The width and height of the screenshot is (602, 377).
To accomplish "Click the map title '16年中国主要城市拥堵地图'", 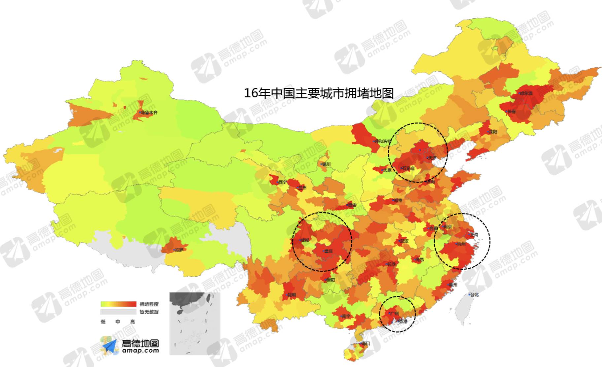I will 319,93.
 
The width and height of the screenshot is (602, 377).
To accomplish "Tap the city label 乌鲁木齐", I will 149,113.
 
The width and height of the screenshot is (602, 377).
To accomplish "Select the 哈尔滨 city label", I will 526,93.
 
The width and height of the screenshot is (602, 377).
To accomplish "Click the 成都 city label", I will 305,240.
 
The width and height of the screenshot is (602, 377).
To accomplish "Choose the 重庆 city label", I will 328,251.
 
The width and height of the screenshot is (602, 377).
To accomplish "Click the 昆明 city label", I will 291,295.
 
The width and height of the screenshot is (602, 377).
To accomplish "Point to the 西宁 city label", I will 282,182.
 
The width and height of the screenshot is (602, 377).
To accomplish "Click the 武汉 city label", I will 404,241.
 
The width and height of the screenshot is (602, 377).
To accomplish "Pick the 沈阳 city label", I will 493,132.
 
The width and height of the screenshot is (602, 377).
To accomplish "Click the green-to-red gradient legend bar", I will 118,304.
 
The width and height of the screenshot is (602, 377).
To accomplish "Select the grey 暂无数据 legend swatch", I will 118,312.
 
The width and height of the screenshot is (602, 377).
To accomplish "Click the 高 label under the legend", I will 133,322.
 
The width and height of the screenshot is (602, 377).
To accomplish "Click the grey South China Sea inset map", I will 195,324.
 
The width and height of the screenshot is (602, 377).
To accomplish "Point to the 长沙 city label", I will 391,264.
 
